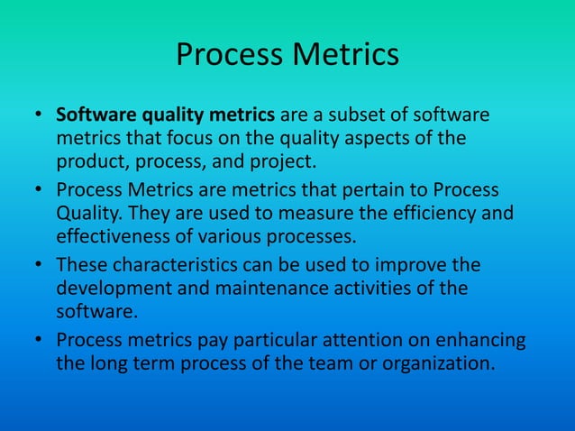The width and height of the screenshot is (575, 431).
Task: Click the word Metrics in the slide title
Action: click(x=347, y=54)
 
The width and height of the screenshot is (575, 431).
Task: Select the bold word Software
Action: click(x=94, y=116)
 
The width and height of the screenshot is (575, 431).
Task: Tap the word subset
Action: click(x=356, y=116)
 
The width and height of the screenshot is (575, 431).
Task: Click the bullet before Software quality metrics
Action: click(x=39, y=117)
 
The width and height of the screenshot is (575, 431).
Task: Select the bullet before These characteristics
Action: click(x=39, y=267)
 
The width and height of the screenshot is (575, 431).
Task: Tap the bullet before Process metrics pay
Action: click(x=39, y=342)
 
